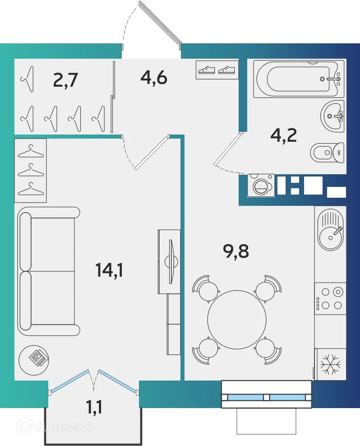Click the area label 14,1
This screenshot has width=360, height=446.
(109, 270)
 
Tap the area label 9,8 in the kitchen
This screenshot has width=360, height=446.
(236, 251)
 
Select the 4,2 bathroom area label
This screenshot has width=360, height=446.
(283, 135)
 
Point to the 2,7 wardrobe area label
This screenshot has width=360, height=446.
(66, 80)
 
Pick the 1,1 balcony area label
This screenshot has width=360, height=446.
(94, 407)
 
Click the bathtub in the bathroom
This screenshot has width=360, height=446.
(299, 79)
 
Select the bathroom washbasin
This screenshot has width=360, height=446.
(332, 116)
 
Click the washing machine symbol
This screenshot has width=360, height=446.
(261, 186)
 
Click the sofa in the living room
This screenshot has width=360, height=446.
(48, 271)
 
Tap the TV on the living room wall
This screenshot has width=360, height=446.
(171, 262)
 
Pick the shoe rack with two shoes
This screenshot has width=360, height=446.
(217, 70)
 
